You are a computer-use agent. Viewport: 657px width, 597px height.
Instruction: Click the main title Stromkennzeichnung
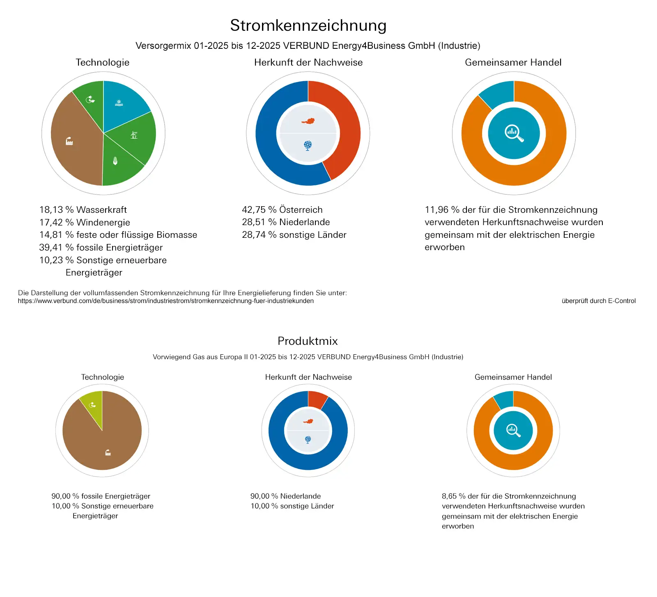tap(308, 25)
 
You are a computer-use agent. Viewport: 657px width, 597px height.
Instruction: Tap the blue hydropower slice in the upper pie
tap(123, 100)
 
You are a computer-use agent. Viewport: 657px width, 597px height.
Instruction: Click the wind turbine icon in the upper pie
tap(134, 134)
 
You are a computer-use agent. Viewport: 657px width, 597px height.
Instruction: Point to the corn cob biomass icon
tap(115, 161)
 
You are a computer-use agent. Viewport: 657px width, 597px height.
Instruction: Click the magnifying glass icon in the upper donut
tap(514, 133)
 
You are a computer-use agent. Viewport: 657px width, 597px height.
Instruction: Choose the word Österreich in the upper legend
tap(301, 210)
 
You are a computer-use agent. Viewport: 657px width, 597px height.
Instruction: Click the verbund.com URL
tap(165, 301)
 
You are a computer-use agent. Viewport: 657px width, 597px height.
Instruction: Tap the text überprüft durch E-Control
tap(598, 301)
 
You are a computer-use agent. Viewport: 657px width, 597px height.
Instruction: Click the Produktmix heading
tap(308, 341)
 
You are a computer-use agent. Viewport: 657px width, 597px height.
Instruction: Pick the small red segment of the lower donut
tap(317, 399)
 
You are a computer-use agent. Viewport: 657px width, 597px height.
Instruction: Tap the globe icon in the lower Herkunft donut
tap(308, 440)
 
